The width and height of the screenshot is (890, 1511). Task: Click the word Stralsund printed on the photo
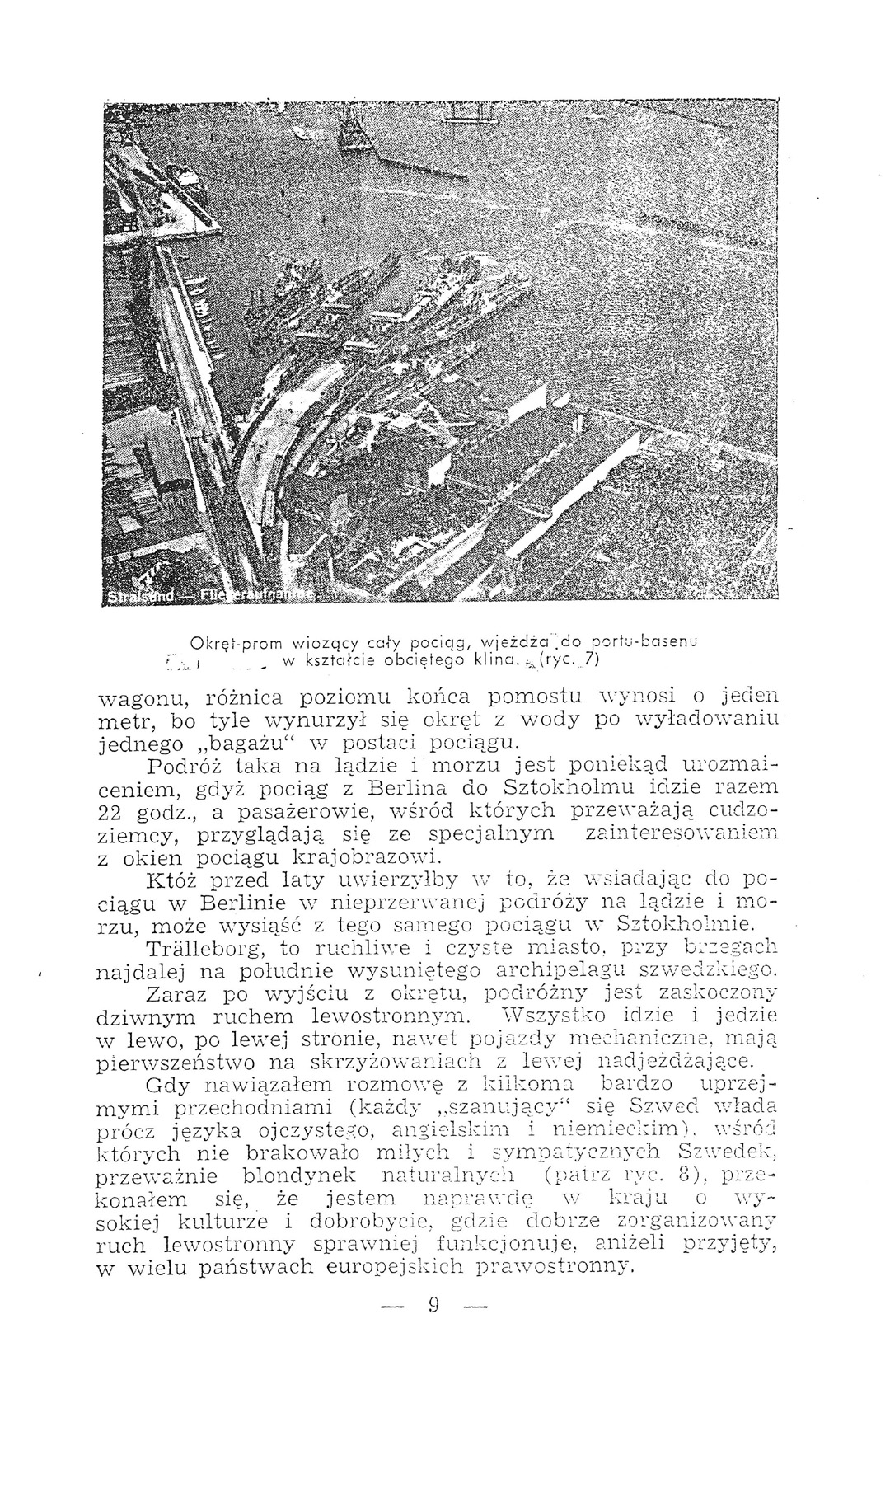click(x=140, y=595)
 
